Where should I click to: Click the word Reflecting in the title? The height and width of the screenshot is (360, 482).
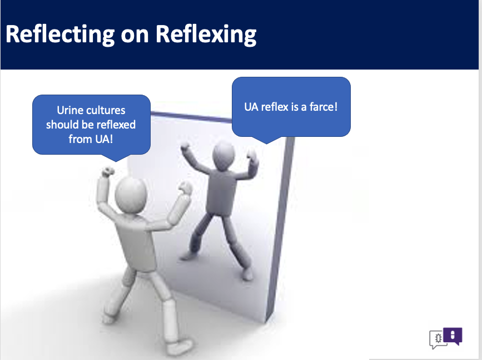[60, 34]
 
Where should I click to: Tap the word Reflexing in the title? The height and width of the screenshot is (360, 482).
[206, 34]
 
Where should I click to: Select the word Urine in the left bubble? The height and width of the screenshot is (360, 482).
[68, 110]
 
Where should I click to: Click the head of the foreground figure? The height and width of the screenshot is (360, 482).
[131, 194]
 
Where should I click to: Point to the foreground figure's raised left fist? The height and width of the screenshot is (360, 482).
[107, 172]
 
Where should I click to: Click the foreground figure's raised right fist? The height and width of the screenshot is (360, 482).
[185, 188]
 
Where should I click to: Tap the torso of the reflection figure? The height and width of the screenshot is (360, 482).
[221, 193]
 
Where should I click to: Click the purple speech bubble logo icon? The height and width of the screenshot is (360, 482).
[453, 336]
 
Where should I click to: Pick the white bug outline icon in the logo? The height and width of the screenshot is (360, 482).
[438, 338]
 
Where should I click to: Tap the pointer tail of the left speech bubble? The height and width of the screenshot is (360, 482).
[116, 157]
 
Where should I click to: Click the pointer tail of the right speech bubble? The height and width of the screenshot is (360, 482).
[266, 140]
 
